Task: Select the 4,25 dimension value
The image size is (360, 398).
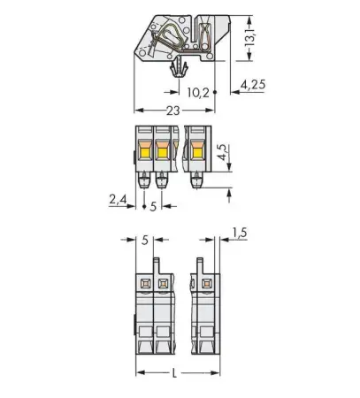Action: [254, 86]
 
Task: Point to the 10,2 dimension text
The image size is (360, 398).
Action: [198, 91]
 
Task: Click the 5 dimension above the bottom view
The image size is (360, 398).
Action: [145, 238]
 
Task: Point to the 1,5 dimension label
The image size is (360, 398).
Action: [238, 233]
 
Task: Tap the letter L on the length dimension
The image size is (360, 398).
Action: [173, 374]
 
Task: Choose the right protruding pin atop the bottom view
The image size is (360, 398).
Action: [200, 264]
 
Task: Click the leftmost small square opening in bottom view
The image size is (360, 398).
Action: [144, 284]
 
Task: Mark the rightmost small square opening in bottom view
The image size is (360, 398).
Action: [207, 284]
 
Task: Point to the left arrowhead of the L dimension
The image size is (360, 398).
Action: [138, 371]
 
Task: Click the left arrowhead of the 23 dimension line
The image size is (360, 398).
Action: [137, 111]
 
